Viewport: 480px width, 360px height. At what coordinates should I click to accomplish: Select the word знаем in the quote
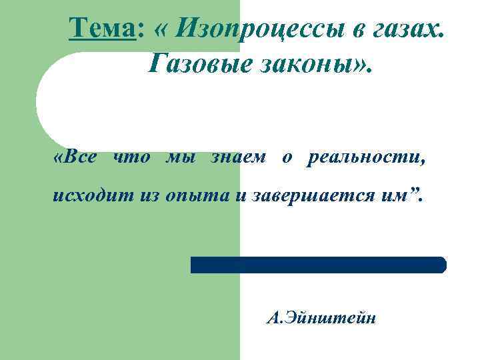(237, 158)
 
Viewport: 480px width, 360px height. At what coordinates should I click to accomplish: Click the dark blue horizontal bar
(318, 265)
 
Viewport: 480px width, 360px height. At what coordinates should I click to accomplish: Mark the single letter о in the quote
(286, 158)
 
